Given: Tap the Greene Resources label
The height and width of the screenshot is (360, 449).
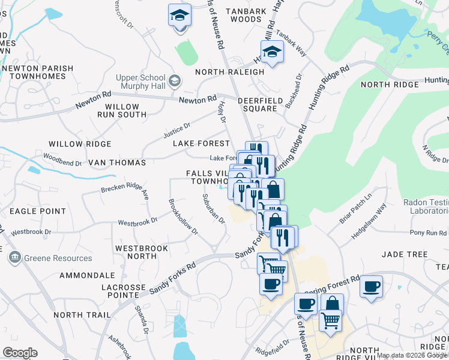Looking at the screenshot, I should point(58,258).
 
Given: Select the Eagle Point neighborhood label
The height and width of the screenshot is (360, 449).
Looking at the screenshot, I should point(37,211).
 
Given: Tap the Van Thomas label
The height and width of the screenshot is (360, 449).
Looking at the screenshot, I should point(117,163).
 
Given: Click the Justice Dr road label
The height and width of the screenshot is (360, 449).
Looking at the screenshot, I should point(177,130).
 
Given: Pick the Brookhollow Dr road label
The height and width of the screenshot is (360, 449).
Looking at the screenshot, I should point(182,217).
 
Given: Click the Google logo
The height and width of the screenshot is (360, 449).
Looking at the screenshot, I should point(20,353).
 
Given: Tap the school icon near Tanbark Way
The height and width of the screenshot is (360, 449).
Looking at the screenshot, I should point(271,52).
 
